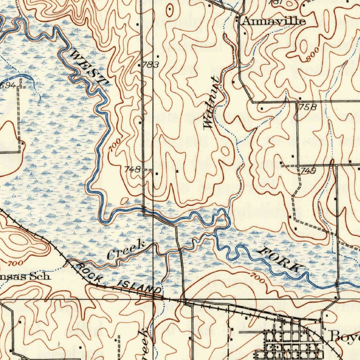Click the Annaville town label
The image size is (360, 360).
click(273, 21)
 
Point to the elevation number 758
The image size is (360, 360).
click(308, 107)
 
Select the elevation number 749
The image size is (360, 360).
click(308, 171)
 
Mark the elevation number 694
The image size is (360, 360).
click(8, 85)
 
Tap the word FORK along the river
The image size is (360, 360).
click(280, 259)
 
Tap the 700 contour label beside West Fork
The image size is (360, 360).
click(115, 145)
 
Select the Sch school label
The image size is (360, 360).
click(42, 277)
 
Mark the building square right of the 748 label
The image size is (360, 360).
click(156, 173)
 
